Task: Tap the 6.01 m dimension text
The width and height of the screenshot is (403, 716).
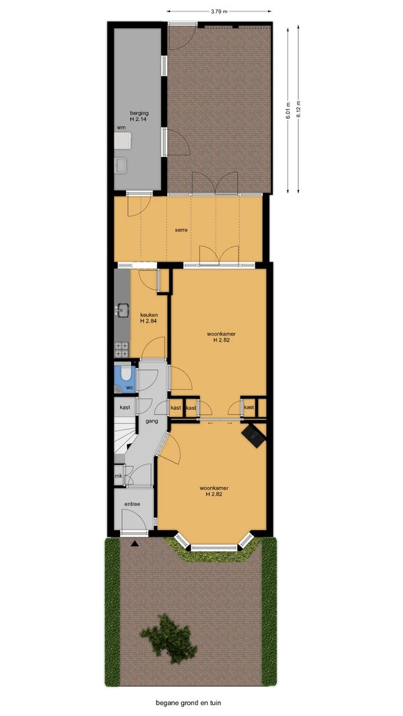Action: [x=288, y=109]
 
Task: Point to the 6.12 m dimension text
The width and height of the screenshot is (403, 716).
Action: [x=298, y=109]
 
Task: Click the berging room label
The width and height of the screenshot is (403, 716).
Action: [x=138, y=115]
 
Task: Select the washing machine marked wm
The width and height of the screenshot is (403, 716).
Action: [x=123, y=141]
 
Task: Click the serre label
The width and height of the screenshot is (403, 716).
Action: [x=181, y=229]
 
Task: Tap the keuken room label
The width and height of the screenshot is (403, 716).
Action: [x=148, y=317]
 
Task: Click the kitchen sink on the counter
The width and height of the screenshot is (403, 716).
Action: [x=121, y=311]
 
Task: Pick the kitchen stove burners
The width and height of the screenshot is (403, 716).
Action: [x=121, y=350]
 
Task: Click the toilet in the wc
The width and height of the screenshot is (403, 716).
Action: [x=126, y=375]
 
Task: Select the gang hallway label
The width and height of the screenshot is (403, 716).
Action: [x=152, y=421]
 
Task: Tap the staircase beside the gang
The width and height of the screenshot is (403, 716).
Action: [x=124, y=436]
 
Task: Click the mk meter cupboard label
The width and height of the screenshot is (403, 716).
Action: [x=118, y=476]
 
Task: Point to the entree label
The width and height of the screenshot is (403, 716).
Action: [x=132, y=504]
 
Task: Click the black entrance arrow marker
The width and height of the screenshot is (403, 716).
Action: [x=134, y=544]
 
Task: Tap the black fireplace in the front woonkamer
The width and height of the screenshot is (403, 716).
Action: [x=254, y=435]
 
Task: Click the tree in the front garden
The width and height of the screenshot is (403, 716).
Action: [x=169, y=638]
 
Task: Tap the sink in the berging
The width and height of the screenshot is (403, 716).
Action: [x=121, y=166]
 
